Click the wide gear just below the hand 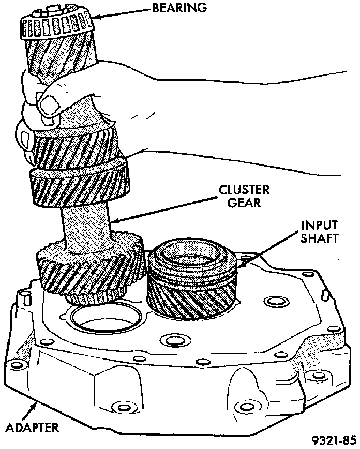79,185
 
